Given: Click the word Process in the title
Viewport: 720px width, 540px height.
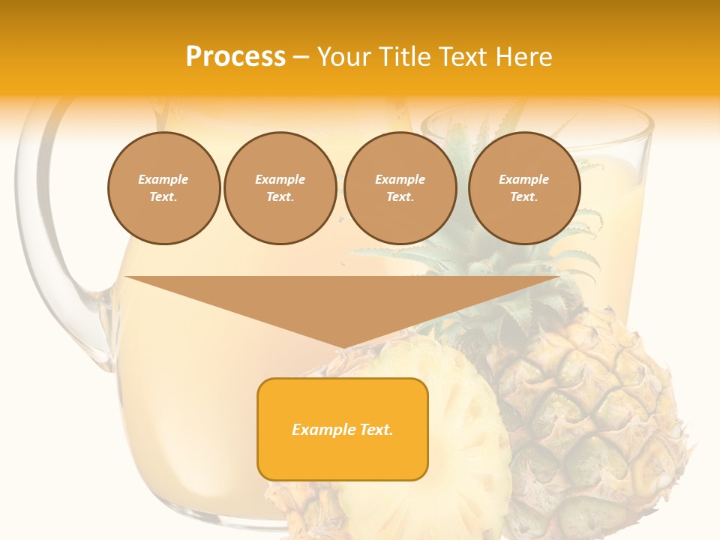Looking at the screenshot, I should pos(235,57).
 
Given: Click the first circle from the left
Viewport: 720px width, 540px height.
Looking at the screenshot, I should pos(163,188).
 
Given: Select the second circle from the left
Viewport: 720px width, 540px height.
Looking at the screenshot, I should pos(280,188).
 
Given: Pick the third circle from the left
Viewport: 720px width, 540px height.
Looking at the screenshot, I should pos(400,188).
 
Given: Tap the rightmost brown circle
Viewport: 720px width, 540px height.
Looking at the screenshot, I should pos(524,188).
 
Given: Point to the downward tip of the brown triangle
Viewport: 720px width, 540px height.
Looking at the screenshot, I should pos(343,346).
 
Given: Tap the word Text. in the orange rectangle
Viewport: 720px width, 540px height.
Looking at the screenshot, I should pos(375,430).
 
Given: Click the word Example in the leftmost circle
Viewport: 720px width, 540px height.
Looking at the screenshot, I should pos(163,179).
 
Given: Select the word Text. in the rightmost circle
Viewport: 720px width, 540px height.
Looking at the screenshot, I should pos(524,197).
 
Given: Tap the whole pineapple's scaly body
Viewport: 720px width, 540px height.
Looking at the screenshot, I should pos(600,405).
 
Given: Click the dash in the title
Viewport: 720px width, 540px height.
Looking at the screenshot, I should pos(301,57).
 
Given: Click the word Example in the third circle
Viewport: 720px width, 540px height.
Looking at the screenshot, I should pos(400,179).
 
